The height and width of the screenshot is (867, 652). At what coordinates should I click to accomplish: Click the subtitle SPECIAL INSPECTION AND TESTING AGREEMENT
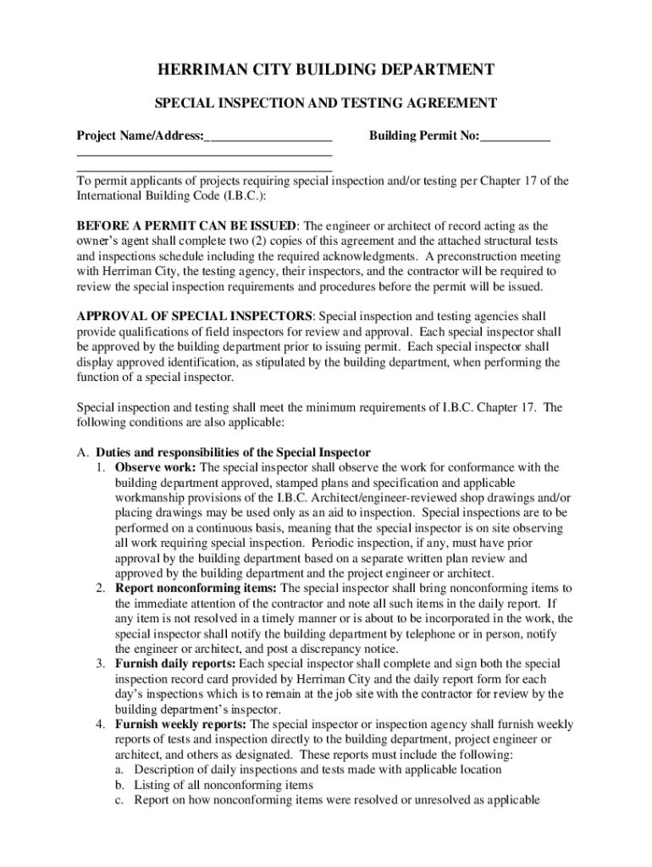click(325, 103)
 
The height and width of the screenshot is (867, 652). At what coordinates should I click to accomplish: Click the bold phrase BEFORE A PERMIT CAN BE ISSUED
click(187, 226)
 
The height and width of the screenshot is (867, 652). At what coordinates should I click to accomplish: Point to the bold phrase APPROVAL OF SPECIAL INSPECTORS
click(195, 316)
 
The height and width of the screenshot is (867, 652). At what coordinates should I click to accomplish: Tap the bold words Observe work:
click(156, 467)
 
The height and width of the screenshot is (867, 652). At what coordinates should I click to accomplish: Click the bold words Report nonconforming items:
click(196, 588)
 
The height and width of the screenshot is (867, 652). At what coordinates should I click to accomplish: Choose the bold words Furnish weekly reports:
click(180, 725)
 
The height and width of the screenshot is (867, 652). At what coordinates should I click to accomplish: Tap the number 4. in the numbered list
click(100, 725)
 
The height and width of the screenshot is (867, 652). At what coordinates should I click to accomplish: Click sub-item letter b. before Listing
click(119, 785)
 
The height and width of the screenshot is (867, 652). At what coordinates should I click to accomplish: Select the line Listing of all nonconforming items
click(224, 785)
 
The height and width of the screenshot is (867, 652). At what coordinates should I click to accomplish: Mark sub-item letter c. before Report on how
click(119, 800)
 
